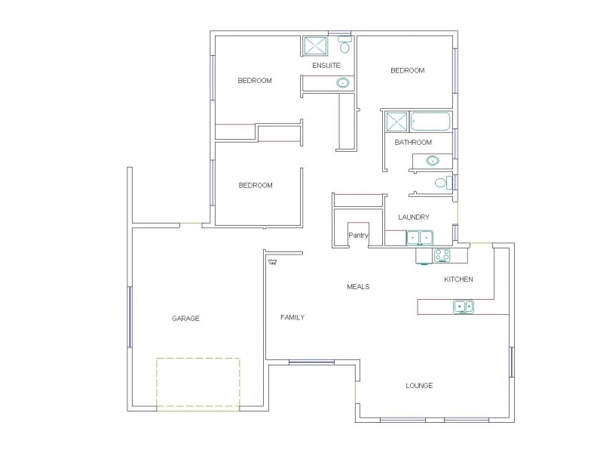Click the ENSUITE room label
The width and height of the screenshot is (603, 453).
326,66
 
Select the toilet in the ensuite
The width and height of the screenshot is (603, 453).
344,46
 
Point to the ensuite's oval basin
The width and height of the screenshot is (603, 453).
342,82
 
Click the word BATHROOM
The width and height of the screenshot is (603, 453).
413,142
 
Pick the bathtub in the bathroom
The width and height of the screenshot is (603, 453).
430,122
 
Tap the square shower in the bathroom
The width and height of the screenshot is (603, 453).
396,122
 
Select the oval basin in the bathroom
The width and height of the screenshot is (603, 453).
433,160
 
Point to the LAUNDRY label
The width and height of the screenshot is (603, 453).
414,217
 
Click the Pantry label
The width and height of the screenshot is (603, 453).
357,235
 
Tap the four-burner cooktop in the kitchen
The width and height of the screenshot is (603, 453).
442,255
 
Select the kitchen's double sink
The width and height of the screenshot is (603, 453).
464,306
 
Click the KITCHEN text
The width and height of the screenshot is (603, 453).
458,279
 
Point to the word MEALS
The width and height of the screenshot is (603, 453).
358,287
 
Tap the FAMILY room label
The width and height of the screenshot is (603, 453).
292,317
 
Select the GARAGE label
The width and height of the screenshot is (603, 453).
185,319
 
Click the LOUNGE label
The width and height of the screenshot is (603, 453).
419,386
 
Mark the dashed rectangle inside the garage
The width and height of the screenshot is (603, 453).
198,383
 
